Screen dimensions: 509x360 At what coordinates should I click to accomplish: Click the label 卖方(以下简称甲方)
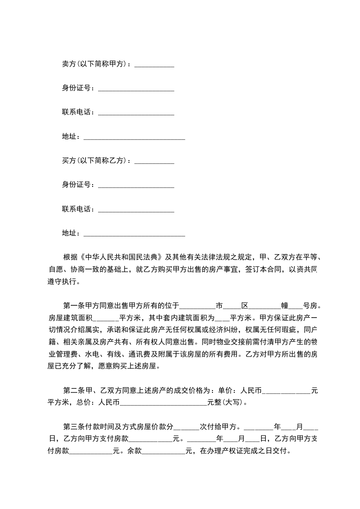coord(95,64)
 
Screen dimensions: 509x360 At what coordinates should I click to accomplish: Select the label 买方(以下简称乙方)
coord(95,161)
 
